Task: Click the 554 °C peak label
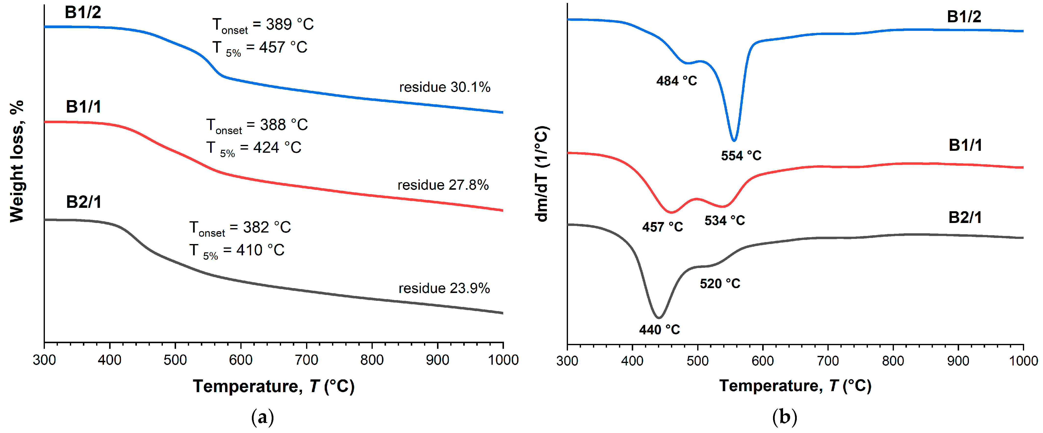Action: tap(741, 156)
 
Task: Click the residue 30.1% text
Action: tap(445, 87)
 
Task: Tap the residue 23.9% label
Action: tap(444, 288)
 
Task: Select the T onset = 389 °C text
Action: tap(263, 25)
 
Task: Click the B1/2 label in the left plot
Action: tap(83, 12)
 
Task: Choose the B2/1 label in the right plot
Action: tap(965, 218)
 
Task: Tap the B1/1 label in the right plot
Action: tap(965, 145)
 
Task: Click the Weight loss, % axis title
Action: tap(17, 162)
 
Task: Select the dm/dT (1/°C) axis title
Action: tap(542, 174)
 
